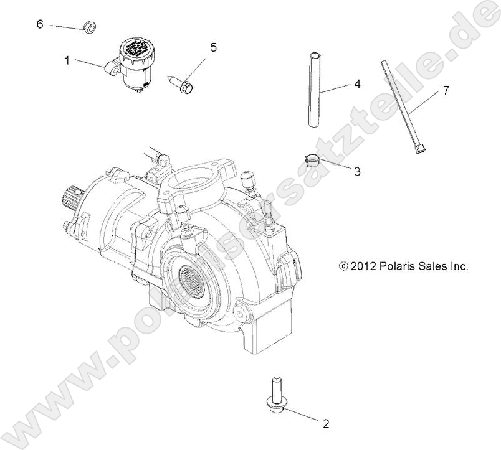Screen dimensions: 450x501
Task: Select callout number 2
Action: [325, 424]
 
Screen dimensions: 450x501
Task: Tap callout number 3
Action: [356, 171]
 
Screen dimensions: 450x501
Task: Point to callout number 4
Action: [356, 83]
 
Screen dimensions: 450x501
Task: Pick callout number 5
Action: [213, 47]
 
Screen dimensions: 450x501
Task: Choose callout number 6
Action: [40, 24]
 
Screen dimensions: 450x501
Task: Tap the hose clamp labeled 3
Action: [313, 160]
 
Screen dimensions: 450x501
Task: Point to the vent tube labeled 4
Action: [315, 90]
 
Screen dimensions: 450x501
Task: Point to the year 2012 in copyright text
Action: [363, 266]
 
